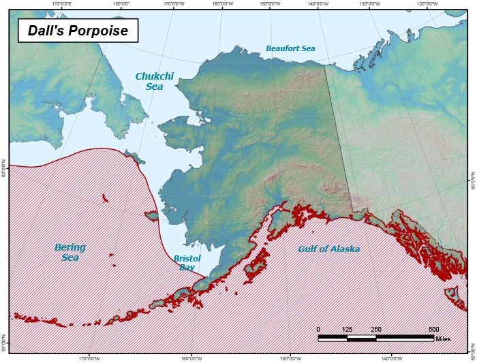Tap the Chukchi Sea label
(x=150, y=81)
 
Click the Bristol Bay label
(x=186, y=263)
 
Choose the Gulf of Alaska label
(x=328, y=249)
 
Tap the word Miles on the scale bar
(x=443, y=338)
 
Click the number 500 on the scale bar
(x=433, y=329)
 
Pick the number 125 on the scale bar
(x=347, y=329)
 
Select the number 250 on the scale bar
(x=375, y=329)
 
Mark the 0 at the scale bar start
(x=318, y=329)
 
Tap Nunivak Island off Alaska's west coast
(x=151, y=216)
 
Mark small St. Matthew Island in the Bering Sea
(x=105, y=199)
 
